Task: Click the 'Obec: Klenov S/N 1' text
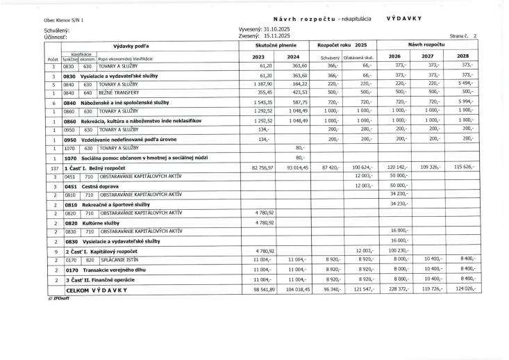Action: click(x=63, y=21)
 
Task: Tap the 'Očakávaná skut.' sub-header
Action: click(x=358, y=56)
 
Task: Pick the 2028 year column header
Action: click(x=463, y=56)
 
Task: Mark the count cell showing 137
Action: click(x=53, y=168)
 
